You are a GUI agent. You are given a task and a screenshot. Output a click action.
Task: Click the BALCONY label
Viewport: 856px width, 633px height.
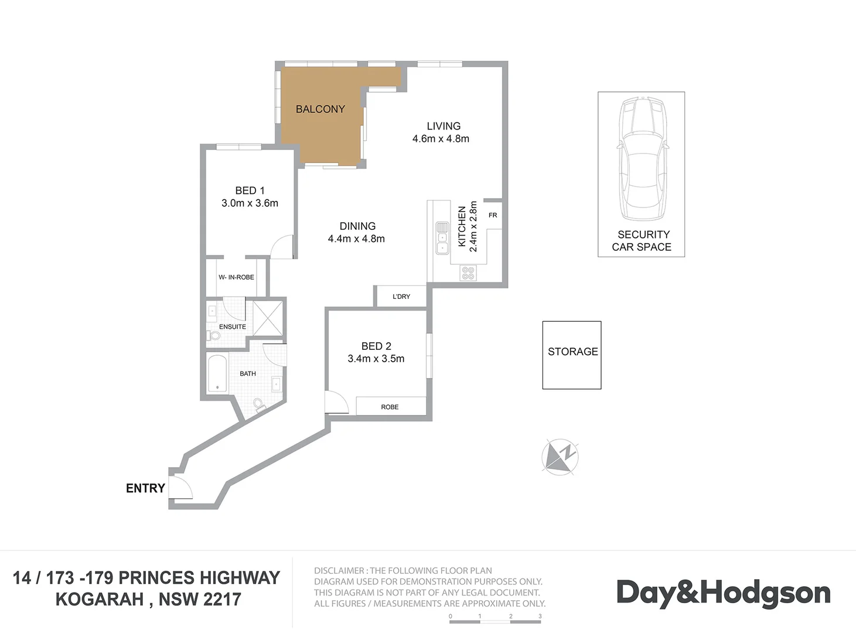(320, 109)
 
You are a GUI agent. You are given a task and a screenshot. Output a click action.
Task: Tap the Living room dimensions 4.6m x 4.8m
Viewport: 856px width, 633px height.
(441, 139)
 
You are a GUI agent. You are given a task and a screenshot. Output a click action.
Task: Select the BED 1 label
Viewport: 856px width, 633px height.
(250, 190)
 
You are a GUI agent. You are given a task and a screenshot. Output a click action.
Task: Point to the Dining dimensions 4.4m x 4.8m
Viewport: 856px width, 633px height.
(356, 239)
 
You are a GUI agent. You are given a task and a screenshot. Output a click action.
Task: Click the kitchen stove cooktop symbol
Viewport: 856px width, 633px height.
(468, 273)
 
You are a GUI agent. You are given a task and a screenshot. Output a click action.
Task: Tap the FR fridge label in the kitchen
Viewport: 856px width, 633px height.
(493, 215)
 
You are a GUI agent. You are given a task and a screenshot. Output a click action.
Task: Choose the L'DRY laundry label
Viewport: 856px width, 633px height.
(401, 297)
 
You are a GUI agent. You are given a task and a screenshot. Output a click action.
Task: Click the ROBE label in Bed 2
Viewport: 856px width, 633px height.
(390, 407)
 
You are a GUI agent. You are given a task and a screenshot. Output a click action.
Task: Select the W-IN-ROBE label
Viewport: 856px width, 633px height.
(236, 277)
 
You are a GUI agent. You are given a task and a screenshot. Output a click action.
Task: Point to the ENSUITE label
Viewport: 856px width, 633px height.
(233, 326)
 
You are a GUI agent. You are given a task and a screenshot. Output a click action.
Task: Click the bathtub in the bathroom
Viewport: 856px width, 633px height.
(217, 373)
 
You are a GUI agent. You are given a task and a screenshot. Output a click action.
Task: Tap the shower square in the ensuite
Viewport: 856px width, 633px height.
(268, 318)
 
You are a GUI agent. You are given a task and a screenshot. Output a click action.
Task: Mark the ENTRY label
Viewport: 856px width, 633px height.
(145, 488)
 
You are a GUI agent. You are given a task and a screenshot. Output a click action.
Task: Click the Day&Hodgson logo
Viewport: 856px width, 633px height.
(724, 593)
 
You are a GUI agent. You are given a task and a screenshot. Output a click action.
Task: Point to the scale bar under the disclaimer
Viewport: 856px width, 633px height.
(495, 620)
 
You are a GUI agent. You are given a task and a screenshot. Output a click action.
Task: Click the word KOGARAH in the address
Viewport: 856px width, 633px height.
(100, 600)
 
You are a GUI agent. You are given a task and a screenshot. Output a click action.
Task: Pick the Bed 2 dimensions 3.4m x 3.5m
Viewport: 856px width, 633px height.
(376, 359)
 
